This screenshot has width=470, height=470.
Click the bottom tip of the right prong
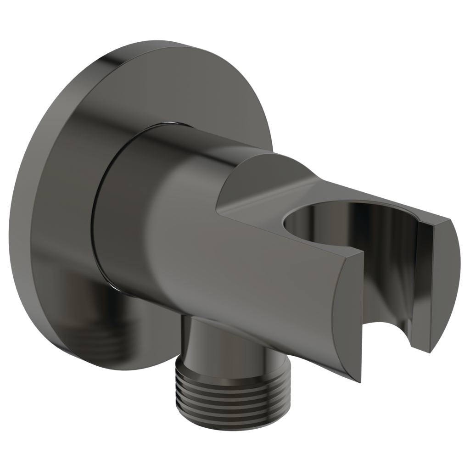tap(430, 351)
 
